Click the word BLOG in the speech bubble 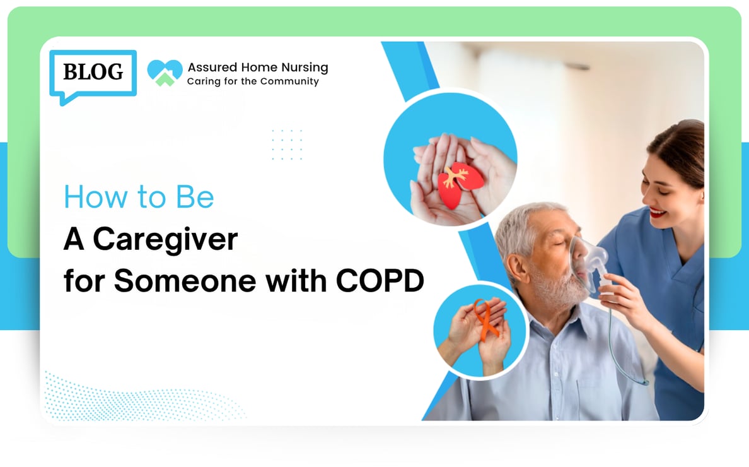(x=93, y=72)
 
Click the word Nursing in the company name (x=305, y=68)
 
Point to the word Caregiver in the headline (x=165, y=240)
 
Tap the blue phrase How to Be (x=139, y=196)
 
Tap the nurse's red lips (x=658, y=212)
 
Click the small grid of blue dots (x=287, y=145)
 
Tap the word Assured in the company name (x=212, y=68)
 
